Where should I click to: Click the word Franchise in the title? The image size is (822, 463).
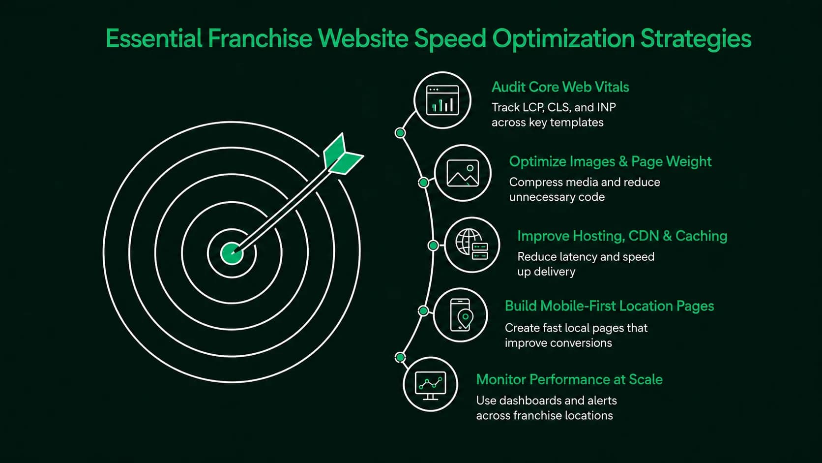click(260, 38)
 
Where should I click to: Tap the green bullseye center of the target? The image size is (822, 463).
click(232, 253)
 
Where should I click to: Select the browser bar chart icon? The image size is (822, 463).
click(442, 100)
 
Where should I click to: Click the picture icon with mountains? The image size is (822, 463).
click(463, 173)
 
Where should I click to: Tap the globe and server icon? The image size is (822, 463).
click(472, 245)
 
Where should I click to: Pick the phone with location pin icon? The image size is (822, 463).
click(461, 315)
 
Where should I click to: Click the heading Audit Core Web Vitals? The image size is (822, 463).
click(560, 87)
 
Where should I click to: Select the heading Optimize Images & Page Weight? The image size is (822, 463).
click(610, 161)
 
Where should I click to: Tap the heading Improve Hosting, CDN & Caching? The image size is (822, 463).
click(622, 236)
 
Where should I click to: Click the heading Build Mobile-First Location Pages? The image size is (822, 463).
click(609, 306)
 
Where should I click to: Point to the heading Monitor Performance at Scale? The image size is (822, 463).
click(569, 379)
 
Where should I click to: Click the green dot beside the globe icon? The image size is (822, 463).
click(433, 245)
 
